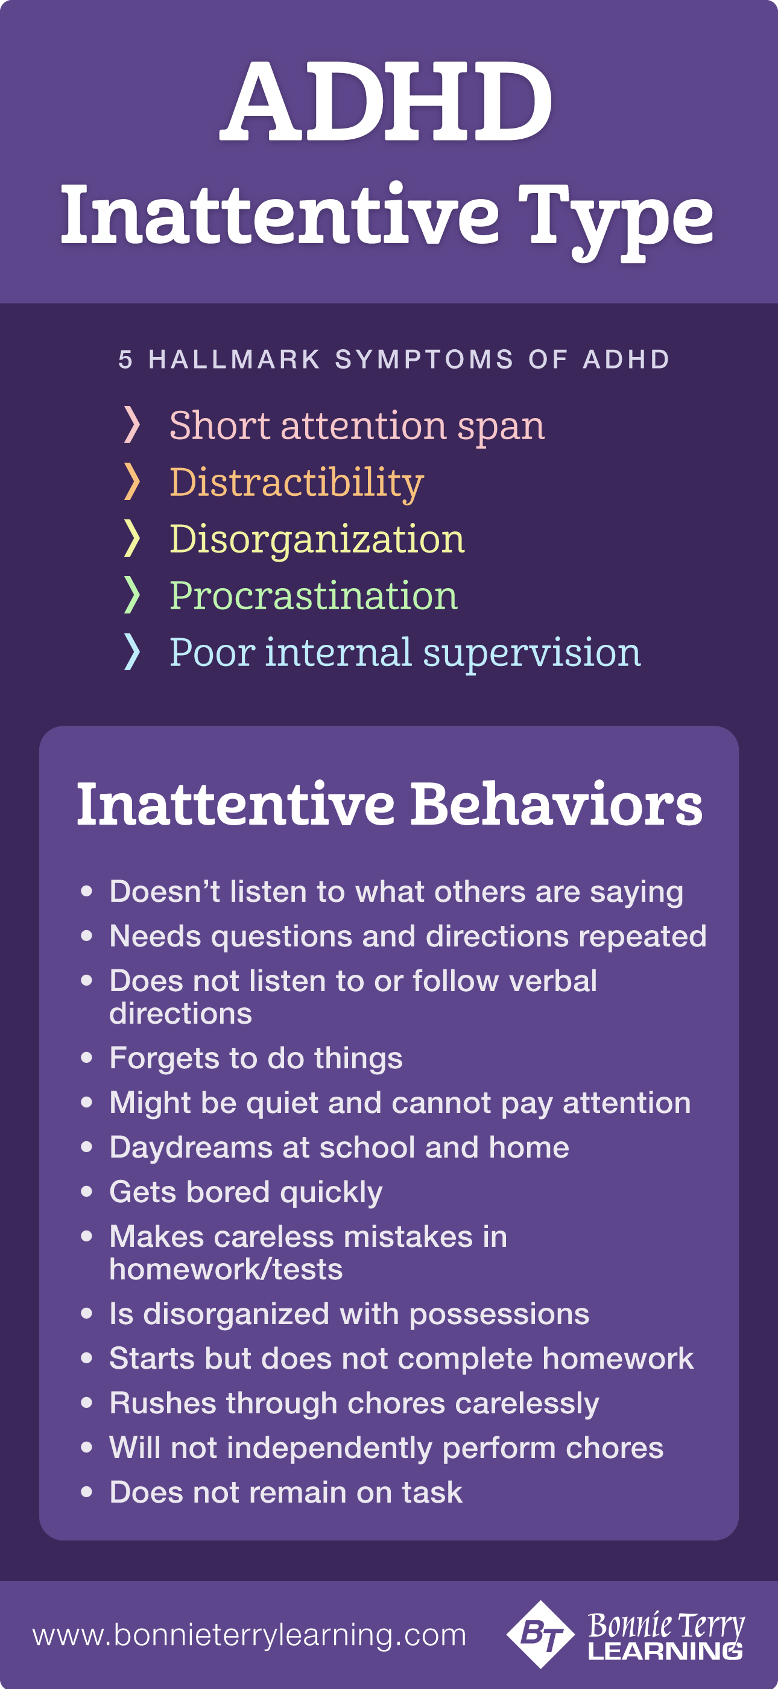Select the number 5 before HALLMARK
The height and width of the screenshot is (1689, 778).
point(125,360)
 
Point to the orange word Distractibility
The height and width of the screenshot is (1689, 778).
point(296,483)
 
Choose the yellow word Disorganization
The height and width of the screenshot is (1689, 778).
point(317,539)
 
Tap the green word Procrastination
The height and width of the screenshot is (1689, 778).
point(313,595)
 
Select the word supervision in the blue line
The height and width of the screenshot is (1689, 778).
point(532,654)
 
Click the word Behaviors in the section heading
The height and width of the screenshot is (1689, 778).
point(557,805)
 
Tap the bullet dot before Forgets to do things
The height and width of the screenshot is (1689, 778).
point(86,1057)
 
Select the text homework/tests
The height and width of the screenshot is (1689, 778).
point(226,1269)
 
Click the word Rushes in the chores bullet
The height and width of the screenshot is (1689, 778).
point(163,1403)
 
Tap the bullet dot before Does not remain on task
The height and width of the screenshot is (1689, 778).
point(86,1491)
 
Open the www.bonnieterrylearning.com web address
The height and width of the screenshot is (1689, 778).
point(250,1635)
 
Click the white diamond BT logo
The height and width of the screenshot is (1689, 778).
point(541,1635)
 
